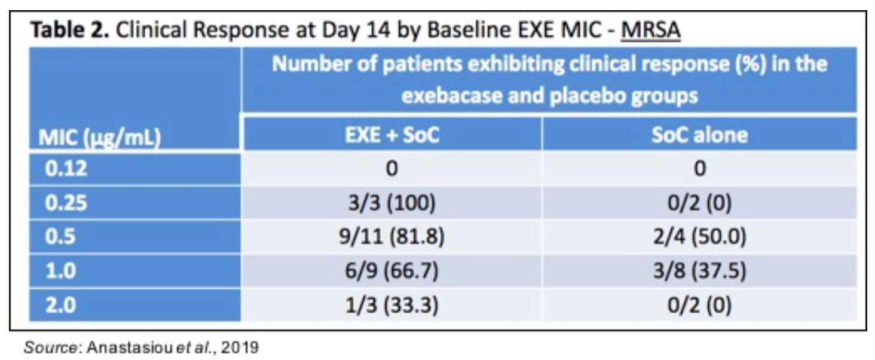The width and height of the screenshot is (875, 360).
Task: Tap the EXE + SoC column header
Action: pos(391,135)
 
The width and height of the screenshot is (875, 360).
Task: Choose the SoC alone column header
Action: pos(699,135)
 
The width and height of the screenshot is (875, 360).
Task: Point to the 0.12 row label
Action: pos(66,169)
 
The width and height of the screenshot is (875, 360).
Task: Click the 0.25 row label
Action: pos(66,203)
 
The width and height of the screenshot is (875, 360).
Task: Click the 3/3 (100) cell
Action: pos(391,203)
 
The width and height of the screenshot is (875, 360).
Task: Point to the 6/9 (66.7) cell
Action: pos(391,272)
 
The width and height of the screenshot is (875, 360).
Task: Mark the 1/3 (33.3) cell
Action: pos(391,307)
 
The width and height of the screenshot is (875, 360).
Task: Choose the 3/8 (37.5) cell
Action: pos(699,272)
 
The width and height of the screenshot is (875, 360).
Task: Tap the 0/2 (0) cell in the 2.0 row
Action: pos(699,307)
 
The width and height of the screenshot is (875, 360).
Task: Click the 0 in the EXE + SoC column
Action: pos(391,169)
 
